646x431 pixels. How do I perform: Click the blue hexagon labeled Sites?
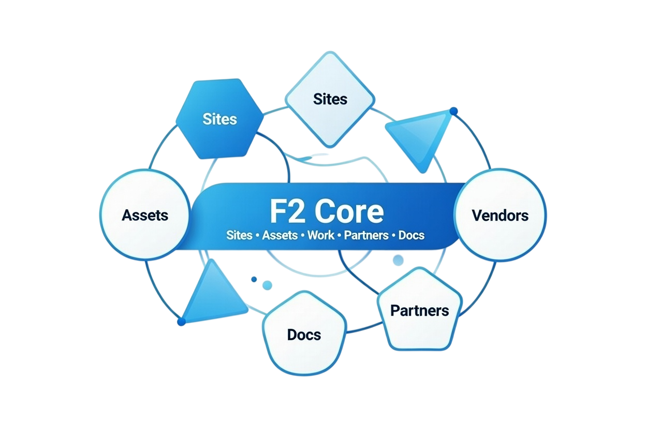tap(219, 119)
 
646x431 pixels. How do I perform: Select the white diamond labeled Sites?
tap(330, 99)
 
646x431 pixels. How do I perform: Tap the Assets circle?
tap(145, 214)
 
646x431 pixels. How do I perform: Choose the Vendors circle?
tap(500, 214)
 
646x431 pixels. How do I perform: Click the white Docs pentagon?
tap(304, 334)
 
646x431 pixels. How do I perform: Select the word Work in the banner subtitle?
tap(321, 235)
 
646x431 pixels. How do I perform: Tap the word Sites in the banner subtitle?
tap(239, 235)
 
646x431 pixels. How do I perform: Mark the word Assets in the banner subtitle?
tap(280, 235)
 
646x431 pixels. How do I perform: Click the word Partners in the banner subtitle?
tap(366, 235)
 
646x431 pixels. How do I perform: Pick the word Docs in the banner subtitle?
tap(412, 235)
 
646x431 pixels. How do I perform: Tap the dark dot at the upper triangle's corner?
tap(454, 110)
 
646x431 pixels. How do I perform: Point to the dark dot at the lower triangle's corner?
tap(181, 322)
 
